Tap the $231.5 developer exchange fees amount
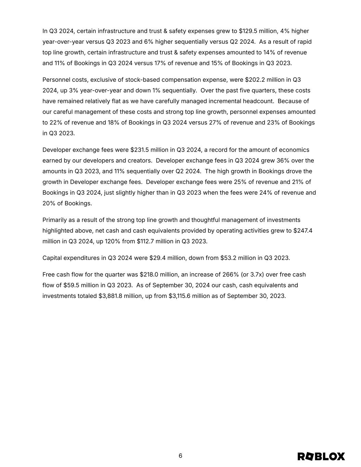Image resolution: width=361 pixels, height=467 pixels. tap(140, 150)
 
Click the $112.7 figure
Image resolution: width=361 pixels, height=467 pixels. tap(146, 241)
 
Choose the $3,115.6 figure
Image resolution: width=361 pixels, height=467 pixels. tap(180, 296)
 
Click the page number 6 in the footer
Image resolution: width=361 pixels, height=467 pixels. tap(180, 456)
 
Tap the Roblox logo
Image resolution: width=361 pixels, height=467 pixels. tap(321, 456)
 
